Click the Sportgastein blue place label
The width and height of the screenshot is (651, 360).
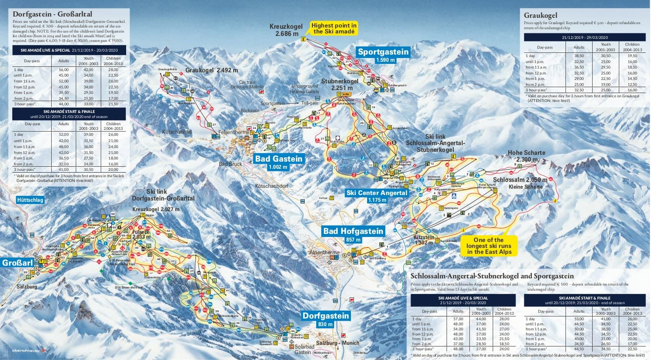click(383, 52)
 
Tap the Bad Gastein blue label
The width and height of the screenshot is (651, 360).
click(279, 159)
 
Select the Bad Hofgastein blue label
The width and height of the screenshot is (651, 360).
click(353, 231)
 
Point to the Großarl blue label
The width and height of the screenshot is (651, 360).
click(17, 263)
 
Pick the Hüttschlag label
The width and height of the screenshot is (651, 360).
click(30, 200)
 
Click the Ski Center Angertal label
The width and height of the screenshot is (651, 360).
click(377, 193)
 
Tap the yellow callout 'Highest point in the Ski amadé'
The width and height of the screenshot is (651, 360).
click(334, 28)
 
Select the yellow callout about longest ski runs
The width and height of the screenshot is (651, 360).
click(489, 246)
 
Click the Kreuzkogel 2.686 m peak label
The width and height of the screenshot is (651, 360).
click(287, 30)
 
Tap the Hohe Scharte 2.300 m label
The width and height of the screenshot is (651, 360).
click(526, 156)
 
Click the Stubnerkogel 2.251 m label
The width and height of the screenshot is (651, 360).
click(339, 84)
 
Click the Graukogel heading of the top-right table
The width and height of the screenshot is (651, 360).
click(540, 15)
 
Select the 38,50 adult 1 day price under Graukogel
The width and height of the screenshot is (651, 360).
click(579, 56)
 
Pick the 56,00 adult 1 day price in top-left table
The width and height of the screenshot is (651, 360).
click(63, 70)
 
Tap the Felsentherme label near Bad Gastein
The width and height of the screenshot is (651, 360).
click(234, 132)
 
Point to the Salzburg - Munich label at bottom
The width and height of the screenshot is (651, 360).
click(337, 343)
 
